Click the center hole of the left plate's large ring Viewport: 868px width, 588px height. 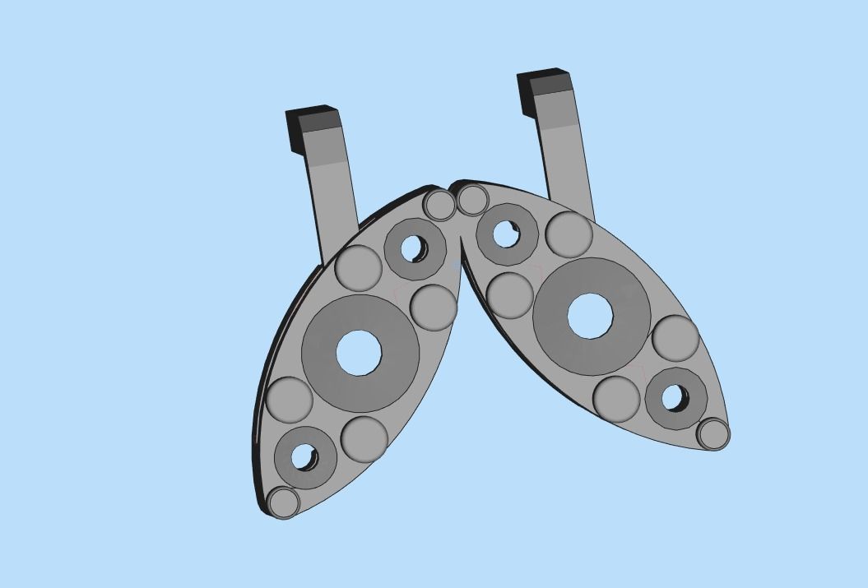click(x=359, y=352)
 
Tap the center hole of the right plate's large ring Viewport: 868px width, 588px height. click(x=590, y=316)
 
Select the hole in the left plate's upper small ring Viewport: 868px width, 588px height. click(x=413, y=248)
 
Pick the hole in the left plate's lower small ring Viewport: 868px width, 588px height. click(x=304, y=457)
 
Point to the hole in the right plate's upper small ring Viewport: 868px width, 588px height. click(x=506, y=234)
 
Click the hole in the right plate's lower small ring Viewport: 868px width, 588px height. click(x=675, y=398)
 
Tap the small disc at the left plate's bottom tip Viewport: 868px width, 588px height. click(x=284, y=502)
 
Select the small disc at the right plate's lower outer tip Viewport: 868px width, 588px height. click(x=713, y=433)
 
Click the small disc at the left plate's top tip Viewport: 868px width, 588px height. click(x=439, y=205)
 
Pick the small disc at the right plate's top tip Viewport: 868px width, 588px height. click(x=472, y=200)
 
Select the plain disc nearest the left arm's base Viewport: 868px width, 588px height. click(x=359, y=267)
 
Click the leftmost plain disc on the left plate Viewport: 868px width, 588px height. click(x=290, y=400)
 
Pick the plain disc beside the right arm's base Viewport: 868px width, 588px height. click(x=569, y=234)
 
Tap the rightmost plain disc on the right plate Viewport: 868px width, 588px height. click(x=675, y=338)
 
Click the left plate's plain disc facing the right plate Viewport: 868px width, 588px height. click(x=433, y=307)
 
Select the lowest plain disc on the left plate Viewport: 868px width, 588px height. click(x=364, y=438)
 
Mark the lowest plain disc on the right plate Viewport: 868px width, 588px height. click(x=616, y=399)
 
